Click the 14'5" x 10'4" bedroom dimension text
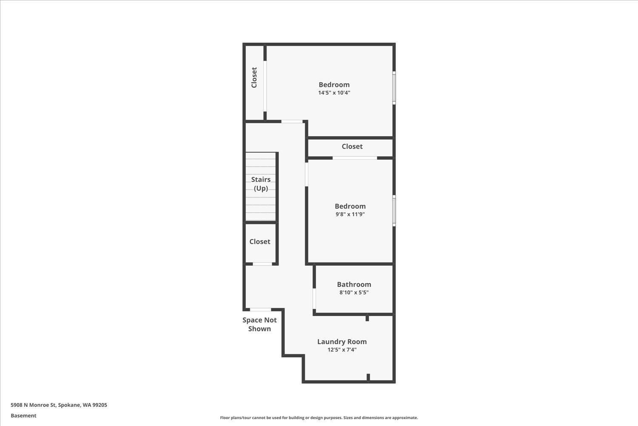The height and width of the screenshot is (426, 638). (334, 93)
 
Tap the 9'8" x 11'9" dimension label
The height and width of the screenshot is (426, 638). (350, 214)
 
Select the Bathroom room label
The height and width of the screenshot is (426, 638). (354, 285)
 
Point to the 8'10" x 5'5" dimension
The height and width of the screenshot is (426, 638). (354, 293)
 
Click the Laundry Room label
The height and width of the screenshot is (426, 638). (342, 342)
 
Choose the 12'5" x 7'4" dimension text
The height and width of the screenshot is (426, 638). (342, 350)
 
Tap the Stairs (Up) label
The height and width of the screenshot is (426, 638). (261, 184)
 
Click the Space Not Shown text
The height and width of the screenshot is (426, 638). (259, 324)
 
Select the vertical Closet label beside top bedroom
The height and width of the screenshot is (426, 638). (254, 78)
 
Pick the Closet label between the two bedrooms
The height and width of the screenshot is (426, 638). (352, 147)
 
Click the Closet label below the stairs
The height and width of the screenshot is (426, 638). (260, 242)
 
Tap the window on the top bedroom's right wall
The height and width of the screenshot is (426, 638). (394, 88)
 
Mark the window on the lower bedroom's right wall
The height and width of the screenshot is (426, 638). (394, 210)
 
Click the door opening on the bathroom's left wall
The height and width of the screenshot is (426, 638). (314, 299)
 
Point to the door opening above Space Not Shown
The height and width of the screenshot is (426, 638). (260, 310)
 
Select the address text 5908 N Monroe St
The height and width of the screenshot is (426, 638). (59, 405)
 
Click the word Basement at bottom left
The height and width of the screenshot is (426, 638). (23, 416)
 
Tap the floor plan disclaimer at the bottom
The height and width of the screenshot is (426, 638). (319, 418)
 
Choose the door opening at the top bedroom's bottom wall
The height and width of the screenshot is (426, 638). (292, 122)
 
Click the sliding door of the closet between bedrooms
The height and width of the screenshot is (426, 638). (355, 158)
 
